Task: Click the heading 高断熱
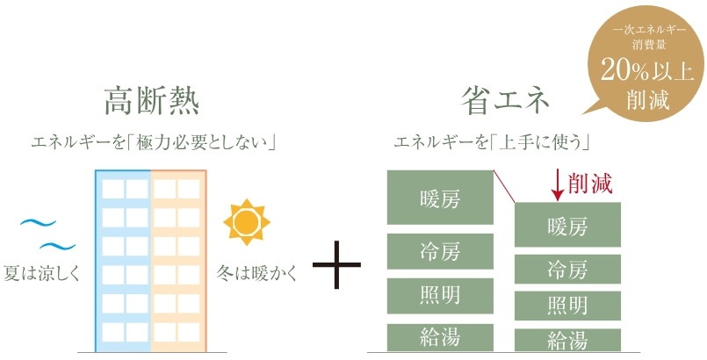[x=152, y=102]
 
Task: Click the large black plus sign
[x=336, y=264]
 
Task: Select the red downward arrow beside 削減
[x=558, y=184]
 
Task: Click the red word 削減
[x=590, y=183]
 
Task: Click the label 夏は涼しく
[x=41, y=273]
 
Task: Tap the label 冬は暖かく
[x=257, y=273]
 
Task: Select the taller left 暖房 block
[x=440, y=197]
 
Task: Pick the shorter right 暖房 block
[x=567, y=225]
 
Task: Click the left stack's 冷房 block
[x=440, y=251]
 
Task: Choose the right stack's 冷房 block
[x=567, y=269]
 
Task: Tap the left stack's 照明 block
[x=440, y=296]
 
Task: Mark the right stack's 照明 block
[x=567, y=306]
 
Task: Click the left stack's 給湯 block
[x=440, y=337]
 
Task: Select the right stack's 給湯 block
[x=567, y=340]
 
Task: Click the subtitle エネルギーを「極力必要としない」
[x=154, y=143]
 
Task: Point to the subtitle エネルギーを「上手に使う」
[x=493, y=143]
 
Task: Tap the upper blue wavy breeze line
[x=38, y=222]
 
